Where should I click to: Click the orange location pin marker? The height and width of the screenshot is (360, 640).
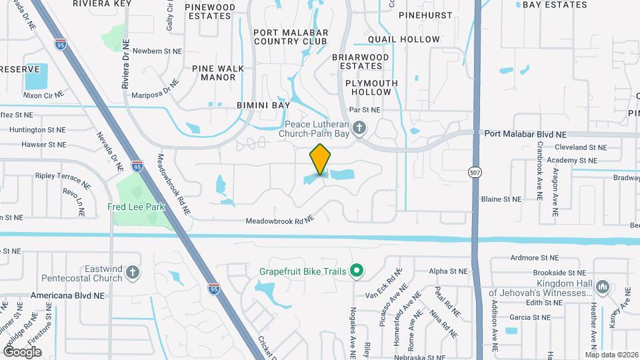point(320,160)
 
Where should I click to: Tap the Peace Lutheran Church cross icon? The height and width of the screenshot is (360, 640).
point(360,127)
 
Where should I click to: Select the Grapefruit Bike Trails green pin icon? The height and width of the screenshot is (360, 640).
point(357,271)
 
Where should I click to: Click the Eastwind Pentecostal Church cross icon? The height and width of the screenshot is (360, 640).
point(133,271)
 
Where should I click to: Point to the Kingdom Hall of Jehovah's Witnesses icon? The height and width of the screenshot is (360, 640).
point(603,287)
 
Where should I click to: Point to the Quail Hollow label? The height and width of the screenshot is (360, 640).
point(408,39)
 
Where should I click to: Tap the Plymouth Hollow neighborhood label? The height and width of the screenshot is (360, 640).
point(371,87)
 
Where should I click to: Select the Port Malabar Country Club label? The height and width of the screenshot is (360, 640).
point(290,36)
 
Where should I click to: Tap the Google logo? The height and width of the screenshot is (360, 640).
point(22,351)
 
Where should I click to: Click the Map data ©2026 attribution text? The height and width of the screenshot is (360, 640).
point(611,354)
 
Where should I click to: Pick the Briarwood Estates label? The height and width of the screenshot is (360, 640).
point(360,61)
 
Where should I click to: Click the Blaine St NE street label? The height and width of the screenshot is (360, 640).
point(501,199)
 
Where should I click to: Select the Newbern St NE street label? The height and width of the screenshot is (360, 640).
point(157,51)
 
